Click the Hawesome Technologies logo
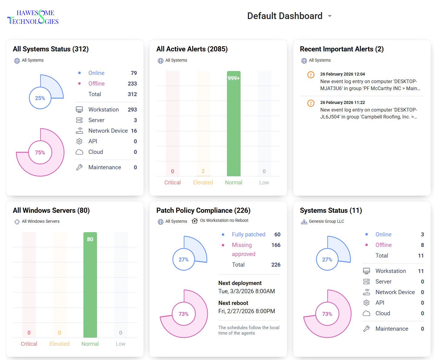[33, 17]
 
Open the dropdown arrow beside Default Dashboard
[330, 16]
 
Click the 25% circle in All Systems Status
[40, 98]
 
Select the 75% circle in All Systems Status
[40, 152]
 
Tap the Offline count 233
[132, 84]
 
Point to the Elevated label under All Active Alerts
[203, 183]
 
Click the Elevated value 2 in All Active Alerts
[203, 171]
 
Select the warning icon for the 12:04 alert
[311, 75]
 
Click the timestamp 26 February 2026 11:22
[342, 102]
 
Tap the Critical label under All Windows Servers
[29, 344]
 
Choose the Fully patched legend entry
[248, 235]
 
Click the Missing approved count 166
[276, 245]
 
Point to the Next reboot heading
[233, 303]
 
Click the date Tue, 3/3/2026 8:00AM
[246, 291]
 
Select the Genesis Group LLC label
[326, 221]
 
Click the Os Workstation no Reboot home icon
[195, 221]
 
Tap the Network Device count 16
[134, 131]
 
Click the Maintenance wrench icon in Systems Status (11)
[366, 329]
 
